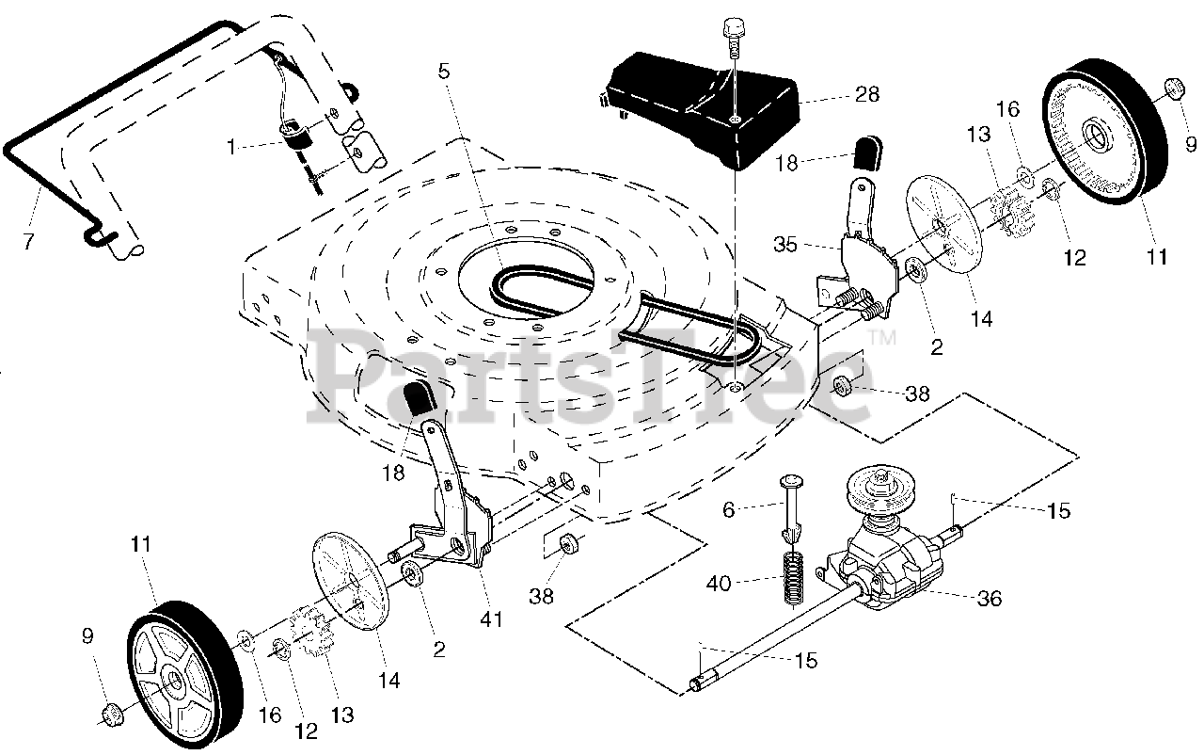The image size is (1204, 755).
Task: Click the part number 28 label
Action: coord(867,94)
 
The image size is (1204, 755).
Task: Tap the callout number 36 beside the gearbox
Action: coord(990,598)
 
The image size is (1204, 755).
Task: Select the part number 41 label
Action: coord(491,619)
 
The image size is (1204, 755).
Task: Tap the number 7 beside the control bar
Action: coord(28,241)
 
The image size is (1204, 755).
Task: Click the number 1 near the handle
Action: coord(230,146)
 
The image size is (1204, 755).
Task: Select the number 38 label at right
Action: coord(918,393)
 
